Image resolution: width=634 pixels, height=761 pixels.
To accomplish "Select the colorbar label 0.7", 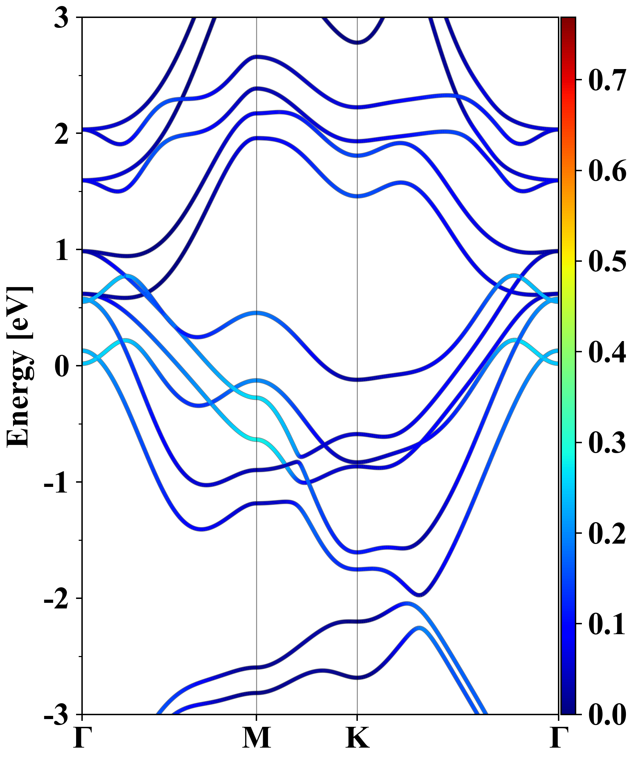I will [x=607, y=80].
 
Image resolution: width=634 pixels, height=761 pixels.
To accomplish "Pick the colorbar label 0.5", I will [x=607, y=261].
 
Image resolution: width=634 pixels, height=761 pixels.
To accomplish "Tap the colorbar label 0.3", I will [x=607, y=443].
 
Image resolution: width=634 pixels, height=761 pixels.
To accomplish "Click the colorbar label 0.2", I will [x=607, y=533].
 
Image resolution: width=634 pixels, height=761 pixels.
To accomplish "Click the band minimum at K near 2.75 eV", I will [x=358, y=42].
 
